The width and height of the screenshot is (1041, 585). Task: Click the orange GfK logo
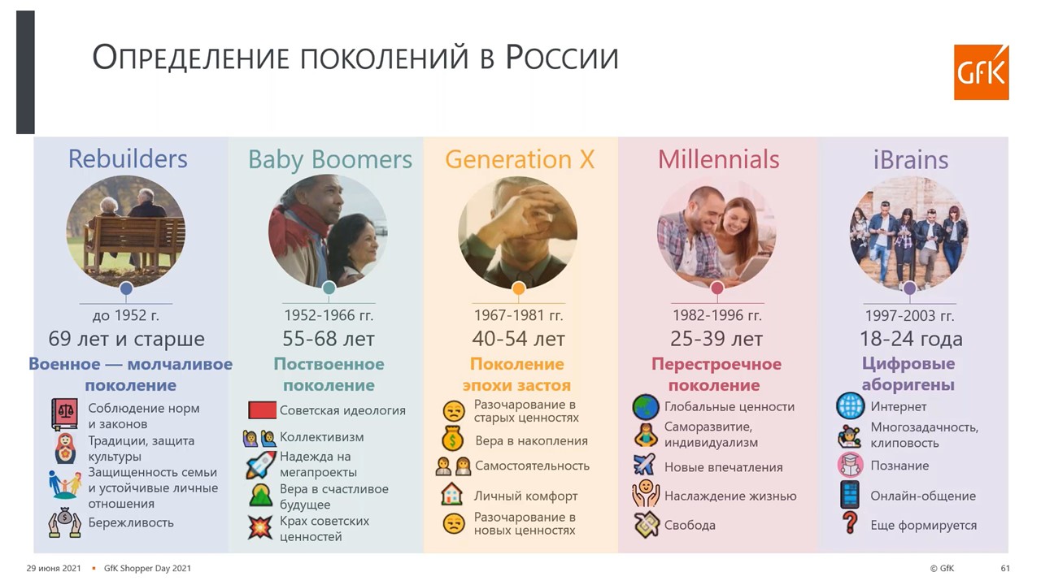pyautogui.click(x=981, y=72)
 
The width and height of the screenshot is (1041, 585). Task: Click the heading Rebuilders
pyautogui.click(x=128, y=158)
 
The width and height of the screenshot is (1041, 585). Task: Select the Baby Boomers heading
pyautogui.click(x=330, y=160)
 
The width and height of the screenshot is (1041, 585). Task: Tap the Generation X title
pyautogui.click(x=520, y=159)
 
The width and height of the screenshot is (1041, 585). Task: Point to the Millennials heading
pyautogui.click(x=718, y=159)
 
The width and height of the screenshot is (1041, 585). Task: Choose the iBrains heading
pyautogui.click(x=910, y=160)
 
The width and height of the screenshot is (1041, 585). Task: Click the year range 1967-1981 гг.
pyautogui.click(x=518, y=315)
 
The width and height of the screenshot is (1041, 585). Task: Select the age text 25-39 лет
pyautogui.click(x=717, y=339)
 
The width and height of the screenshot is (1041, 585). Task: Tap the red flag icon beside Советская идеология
pyautogui.click(x=262, y=410)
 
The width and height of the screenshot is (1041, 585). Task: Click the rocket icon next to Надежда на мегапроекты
pyautogui.click(x=261, y=464)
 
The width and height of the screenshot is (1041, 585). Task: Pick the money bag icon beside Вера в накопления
pyautogui.click(x=453, y=440)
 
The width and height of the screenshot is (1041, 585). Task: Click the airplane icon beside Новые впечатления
pyautogui.click(x=644, y=465)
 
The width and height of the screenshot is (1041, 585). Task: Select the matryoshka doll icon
pyautogui.click(x=66, y=448)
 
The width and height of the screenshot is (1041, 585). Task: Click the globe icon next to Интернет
pyautogui.click(x=850, y=405)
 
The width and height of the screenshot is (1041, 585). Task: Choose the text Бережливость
pyautogui.click(x=131, y=522)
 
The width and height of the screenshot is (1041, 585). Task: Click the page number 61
pyautogui.click(x=1005, y=568)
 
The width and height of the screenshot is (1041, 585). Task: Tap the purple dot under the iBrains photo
pyautogui.click(x=909, y=288)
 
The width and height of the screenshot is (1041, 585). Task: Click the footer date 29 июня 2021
pyautogui.click(x=54, y=568)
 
